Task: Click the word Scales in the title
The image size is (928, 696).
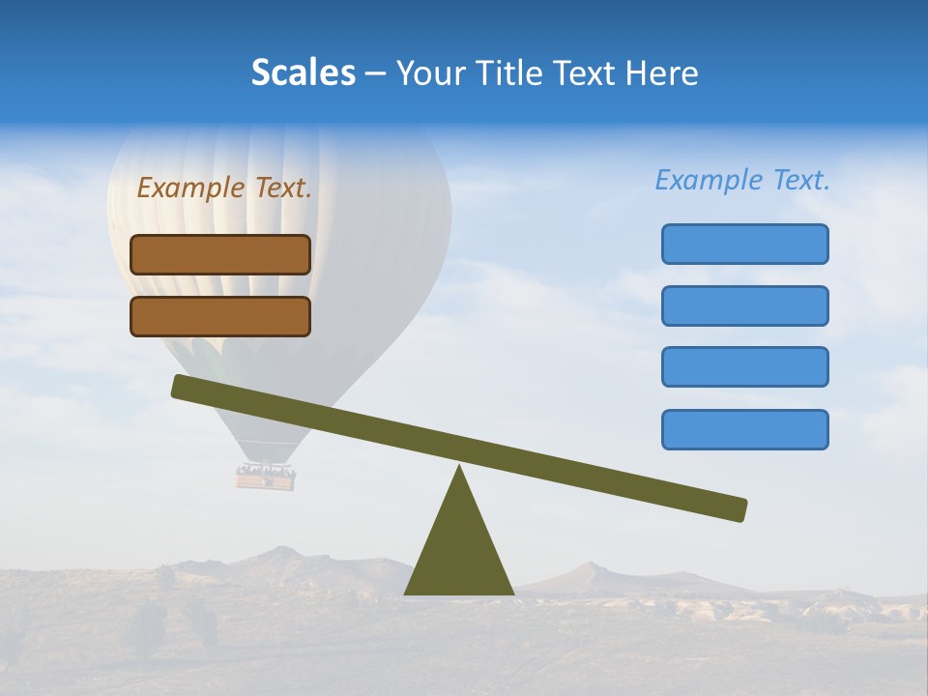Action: [x=304, y=72]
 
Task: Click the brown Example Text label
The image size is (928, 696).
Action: [x=224, y=188]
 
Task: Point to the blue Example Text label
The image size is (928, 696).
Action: [x=742, y=180]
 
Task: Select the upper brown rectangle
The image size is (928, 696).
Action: [x=220, y=254]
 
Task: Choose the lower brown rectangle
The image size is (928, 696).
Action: [x=220, y=316]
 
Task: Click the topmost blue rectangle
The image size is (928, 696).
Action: [x=744, y=244]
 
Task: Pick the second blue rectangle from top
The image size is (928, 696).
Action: [x=744, y=305]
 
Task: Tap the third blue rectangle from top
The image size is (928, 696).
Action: [x=744, y=367]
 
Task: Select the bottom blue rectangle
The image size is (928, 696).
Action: [x=744, y=429]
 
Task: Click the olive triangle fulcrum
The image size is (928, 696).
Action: [x=458, y=551]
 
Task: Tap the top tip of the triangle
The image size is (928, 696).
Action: [x=459, y=468]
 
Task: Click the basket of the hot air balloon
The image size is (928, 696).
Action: [x=266, y=477]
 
